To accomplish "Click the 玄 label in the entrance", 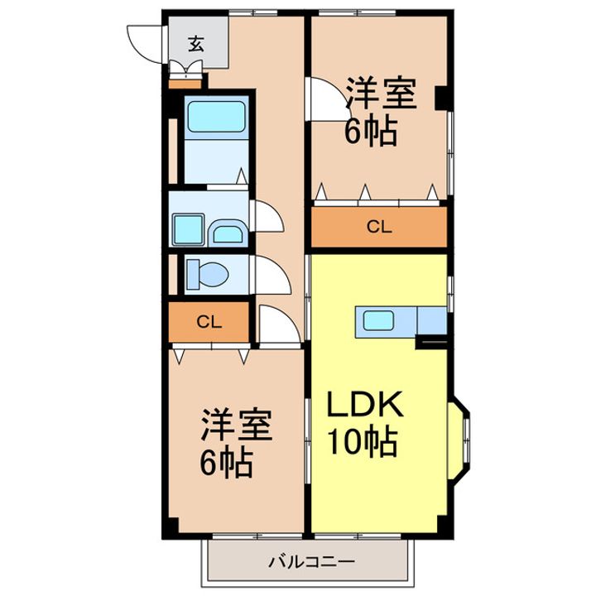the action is pos(196,44).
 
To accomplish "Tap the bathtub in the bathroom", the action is pos(216,117).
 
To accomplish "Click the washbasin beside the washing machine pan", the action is pos(228,233).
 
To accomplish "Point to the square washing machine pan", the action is pos(189,229).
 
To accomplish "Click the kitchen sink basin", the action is pos(378,321).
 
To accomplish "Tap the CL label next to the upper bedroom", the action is pos(379,227).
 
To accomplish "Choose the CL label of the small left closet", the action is pos(209,322).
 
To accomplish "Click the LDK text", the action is pos(365,405).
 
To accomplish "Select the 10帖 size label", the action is pos(363,442).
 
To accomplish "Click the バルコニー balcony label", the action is pos(312,561).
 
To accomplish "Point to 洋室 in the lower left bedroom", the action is pos(237,424).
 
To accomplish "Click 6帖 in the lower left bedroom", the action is pos(227,464).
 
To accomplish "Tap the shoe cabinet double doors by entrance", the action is pos(185,69).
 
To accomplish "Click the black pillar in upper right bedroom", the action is pos(441,99).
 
